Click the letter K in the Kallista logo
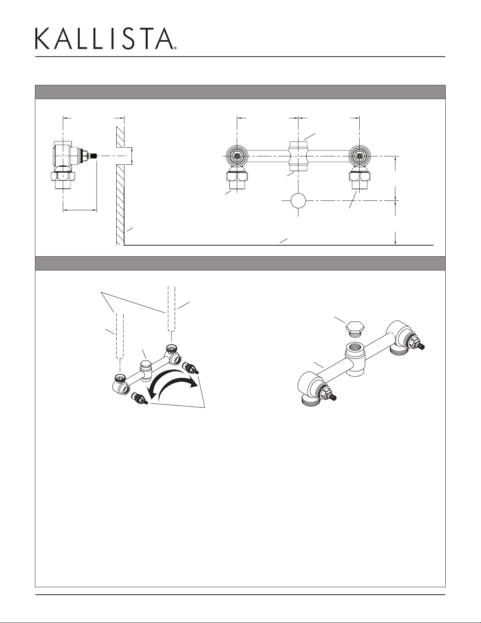pyautogui.click(x=42, y=39)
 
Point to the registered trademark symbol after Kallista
pyautogui.click(x=175, y=48)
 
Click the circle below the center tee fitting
pyautogui.click(x=298, y=200)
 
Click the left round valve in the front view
pyautogui.click(x=237, y=156)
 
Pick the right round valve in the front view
pyautogui.click(x=360, y=156)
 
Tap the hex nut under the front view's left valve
pyautogui.click(x=237, y=176)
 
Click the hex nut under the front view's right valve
pyautogui.click(x=360, y=176)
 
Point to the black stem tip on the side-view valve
pyautogui.click(x=95, y=156)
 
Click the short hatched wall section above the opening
pyautogui.click(x=120, y=136)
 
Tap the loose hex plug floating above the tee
pyautogui.click(x=355, y=329)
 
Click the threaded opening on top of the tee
pyautogui.click(x=355, y=347)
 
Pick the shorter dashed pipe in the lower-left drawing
pyautogui.click(x=120, y=336)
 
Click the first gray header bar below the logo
pyautogui.click(x=240, y=92)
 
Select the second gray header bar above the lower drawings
pyautogui.click(x=240, y=263)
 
